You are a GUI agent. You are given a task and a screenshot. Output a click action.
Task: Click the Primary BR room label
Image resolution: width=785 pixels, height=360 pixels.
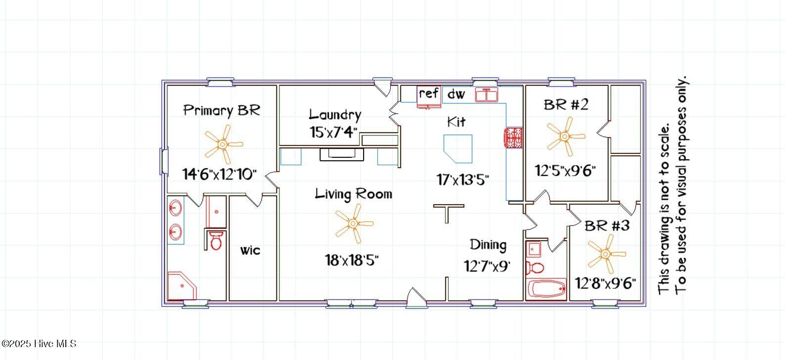[222, 111]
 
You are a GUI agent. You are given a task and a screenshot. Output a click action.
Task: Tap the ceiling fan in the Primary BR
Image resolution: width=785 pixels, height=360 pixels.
[223, 144]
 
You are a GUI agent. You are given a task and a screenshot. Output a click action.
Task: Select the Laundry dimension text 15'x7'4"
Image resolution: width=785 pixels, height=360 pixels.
[333, 132]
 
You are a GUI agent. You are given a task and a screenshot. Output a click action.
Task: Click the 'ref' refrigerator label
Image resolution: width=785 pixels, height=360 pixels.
[428, 93]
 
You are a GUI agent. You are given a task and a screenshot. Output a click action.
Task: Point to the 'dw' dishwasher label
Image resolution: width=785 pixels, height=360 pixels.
[456, 94]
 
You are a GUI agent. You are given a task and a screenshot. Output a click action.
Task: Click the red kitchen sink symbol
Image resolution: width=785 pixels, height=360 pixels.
[486, 95]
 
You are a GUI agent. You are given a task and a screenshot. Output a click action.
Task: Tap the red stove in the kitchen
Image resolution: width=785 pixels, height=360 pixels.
[513, 137]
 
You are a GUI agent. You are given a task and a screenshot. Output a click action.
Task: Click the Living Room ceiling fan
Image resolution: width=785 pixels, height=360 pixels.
[354, 224]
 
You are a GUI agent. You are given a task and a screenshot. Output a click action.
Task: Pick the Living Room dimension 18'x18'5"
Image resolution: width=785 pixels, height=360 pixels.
[352, 260]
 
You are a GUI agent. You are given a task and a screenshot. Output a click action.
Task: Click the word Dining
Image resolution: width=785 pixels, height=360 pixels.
[488, 245]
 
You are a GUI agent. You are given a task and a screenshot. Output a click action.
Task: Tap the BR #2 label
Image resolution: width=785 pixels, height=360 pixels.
[566, 104]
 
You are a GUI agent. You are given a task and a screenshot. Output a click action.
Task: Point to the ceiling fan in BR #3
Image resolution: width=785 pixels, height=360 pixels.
[606, 254]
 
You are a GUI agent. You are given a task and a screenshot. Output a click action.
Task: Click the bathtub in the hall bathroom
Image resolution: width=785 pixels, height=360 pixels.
[547, 289]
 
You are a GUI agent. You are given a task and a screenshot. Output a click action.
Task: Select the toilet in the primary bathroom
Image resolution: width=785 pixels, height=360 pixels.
[216, 240]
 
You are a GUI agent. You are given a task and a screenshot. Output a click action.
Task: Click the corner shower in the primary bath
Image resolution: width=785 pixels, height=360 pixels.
[181, 286]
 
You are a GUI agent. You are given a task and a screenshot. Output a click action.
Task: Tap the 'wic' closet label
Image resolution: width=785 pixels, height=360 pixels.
[250, 250]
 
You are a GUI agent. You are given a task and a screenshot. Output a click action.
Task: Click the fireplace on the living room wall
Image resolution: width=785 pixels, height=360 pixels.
[342, 154]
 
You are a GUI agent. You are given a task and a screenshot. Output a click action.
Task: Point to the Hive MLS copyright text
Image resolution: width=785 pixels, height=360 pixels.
[39, 344]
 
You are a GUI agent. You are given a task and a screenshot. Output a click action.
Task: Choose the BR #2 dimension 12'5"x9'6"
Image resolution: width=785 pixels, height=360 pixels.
[565, 171]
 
